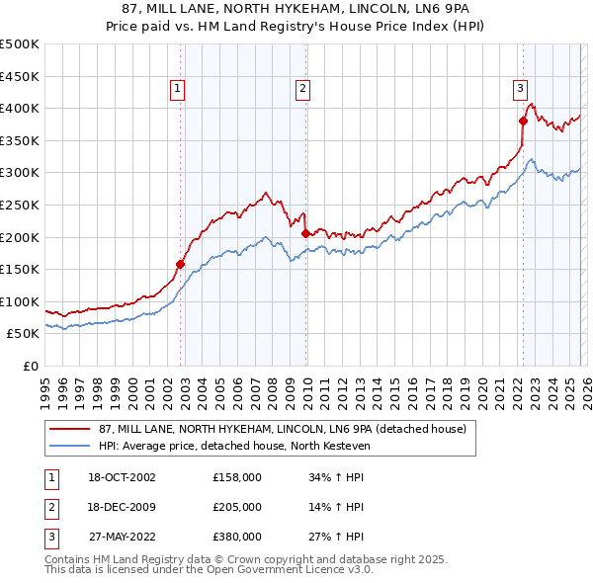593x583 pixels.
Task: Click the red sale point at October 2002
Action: point(181,264)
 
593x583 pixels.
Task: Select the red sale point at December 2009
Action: point(305,234)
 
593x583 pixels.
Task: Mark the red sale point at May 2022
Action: point(523,121)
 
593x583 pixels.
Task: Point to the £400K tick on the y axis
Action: point(20,108)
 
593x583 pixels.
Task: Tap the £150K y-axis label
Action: point(20,269)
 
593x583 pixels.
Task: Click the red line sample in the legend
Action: point(71,429)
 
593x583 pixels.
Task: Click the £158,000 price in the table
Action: point(236,476)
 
